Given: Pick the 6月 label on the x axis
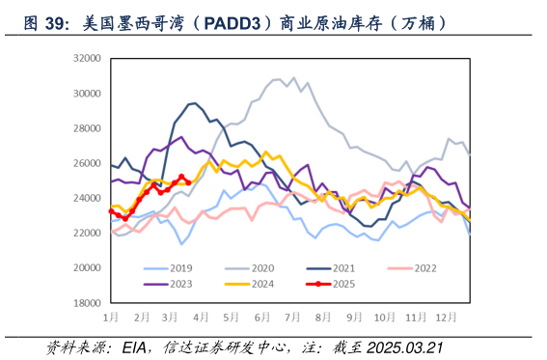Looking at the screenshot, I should tap(263, 317).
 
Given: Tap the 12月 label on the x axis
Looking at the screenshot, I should tap(445, 317).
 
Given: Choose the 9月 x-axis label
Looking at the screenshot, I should tap(354, 317).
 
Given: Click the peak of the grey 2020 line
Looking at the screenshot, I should tap(293, 77).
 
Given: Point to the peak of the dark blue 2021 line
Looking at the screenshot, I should tap(194, 102).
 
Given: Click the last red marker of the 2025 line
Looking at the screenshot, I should tap(187, 181).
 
